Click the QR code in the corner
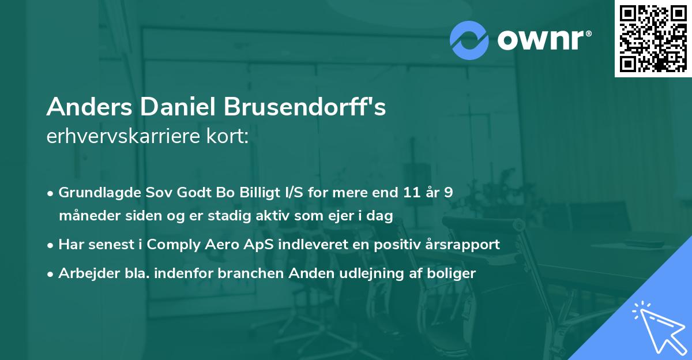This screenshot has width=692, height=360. (x=653, y=38)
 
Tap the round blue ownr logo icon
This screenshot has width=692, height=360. (x=469, y=40)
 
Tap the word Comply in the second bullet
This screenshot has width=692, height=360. (x=174, y=245)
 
